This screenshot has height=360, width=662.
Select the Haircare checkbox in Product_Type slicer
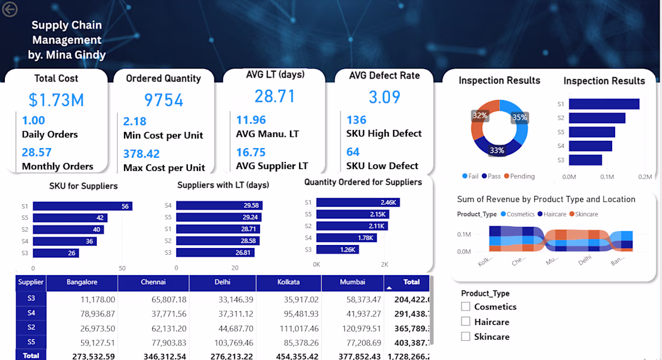click(465, 322)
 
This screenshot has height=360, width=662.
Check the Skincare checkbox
click(465, 337)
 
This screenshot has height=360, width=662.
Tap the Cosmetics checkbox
click(465, 306)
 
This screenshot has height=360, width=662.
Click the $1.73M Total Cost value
click(56, 99)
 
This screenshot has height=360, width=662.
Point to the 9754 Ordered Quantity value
click(164, 100)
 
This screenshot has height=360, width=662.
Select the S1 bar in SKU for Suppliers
click(82, 206)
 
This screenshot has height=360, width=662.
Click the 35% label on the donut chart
click(519, 117)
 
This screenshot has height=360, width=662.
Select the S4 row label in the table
click(31, 313)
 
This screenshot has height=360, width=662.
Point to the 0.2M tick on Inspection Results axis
click(645, 177)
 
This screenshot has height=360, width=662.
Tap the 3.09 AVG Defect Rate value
click(384, 97)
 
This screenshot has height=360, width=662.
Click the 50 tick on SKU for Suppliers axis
click(122, 268)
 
